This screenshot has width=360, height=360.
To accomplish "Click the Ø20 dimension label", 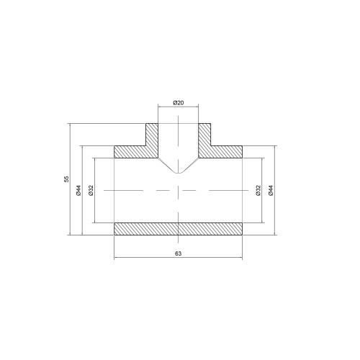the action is [178, 103].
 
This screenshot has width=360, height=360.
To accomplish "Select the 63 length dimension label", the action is [178, 253].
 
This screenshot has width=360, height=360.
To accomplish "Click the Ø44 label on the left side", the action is [79, 190].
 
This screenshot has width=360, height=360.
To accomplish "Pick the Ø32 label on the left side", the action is [91, 190].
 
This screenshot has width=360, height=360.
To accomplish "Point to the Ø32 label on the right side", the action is [258, 190].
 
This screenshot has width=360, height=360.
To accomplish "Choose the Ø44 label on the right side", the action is [271, 190].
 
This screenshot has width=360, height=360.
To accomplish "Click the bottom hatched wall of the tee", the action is [178, 229].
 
